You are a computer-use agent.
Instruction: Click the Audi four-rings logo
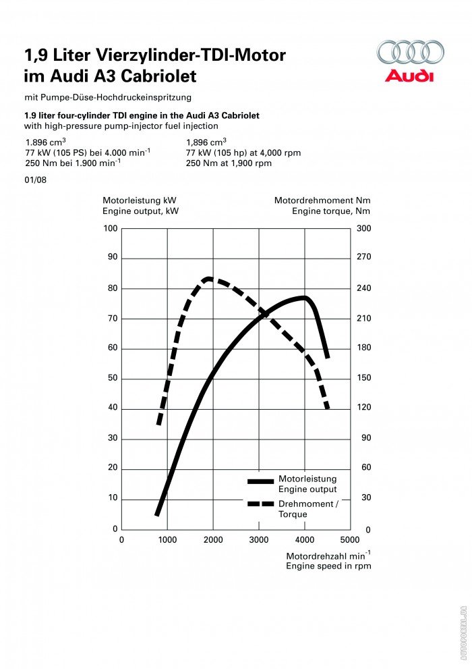pos(410,53)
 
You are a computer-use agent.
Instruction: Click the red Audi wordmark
pos(409,76)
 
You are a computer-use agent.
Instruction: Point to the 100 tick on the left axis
pos(111,228)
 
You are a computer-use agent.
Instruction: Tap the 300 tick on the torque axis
pos(363,228)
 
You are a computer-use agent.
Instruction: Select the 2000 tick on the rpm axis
pos(213,539)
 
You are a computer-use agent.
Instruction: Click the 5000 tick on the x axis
pos(350,539)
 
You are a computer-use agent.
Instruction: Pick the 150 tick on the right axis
pos(363,378)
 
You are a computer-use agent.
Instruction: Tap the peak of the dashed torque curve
pos(209,279)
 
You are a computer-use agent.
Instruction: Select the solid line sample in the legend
pos(260,481)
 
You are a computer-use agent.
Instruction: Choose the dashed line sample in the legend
pos(260,504)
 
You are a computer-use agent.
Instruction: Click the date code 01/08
pos(35,180)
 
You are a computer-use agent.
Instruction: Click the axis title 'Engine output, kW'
pos(140,211)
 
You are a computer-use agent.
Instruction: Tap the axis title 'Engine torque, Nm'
pos(330,211)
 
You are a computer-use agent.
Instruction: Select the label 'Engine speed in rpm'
pos(328,566)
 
